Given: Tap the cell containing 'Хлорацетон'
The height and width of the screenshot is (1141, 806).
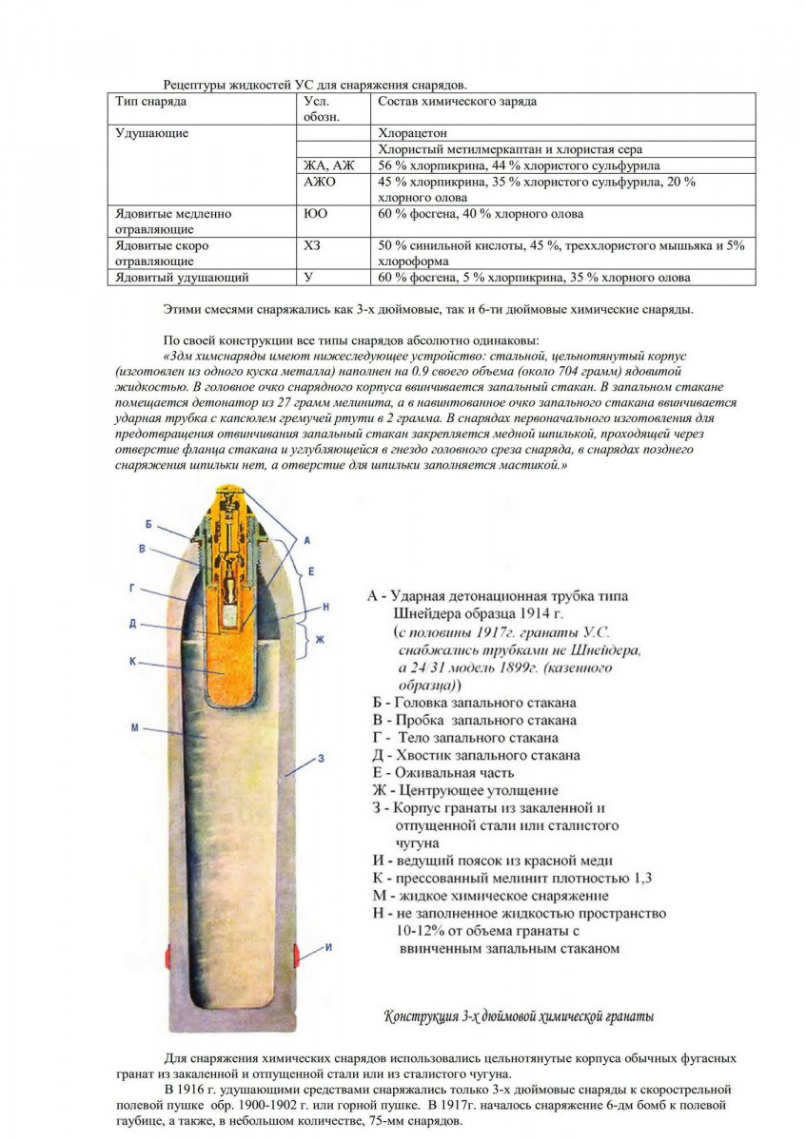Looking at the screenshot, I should [412, 133].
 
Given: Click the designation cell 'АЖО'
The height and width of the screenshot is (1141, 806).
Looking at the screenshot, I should [320, 181].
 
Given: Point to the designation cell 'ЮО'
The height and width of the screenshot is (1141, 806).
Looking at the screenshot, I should [315, 214].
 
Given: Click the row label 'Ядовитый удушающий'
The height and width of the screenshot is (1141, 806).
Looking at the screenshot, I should [182, 278].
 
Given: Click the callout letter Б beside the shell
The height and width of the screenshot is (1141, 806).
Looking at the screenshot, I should [149, 524].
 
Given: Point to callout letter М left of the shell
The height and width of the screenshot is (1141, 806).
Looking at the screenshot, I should [135, 728].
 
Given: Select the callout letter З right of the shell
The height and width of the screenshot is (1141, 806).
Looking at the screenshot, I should [322, 758].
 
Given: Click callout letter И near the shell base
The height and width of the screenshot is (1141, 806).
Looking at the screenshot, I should [328, 947].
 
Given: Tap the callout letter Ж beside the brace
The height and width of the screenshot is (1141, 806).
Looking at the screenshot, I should [320, 639].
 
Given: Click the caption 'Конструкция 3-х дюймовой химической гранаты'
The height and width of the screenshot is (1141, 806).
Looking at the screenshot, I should [519, 1015].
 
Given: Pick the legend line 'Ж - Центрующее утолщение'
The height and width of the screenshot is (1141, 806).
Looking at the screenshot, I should [464, 790].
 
